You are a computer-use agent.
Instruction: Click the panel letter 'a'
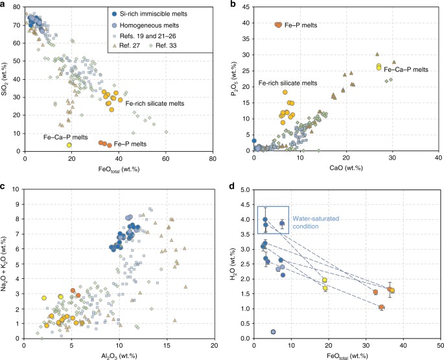[3, 5]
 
